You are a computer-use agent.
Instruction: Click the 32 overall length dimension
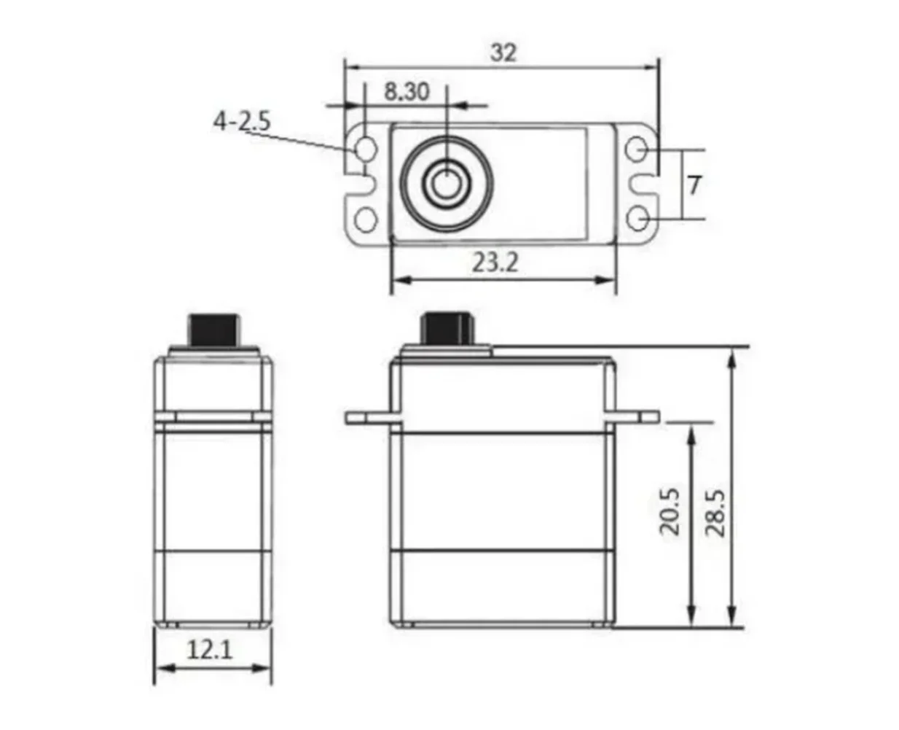[503, 53]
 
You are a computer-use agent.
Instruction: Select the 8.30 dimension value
[407, 92]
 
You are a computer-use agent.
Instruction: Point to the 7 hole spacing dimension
[694, 185]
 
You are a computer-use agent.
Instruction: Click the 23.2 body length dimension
[495, 262]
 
